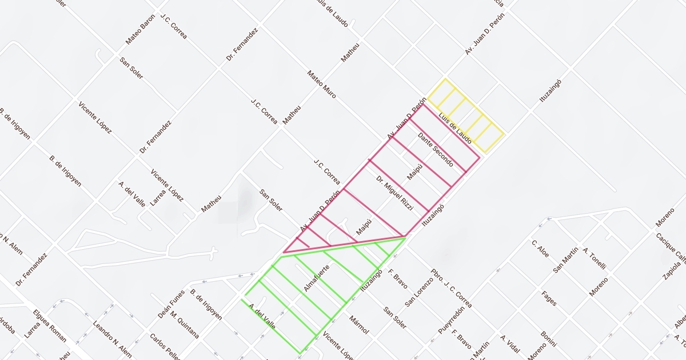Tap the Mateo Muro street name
tap(321, 84)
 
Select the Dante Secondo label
tap(436, 150)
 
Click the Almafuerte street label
tap(317, 278)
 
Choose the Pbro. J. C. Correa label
tap(451, 288)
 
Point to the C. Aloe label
tap(540, 249)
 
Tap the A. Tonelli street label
tap(594, 258)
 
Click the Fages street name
tap(549, 298)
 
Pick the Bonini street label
tap(548, 339)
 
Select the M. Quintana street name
tap(185, 323)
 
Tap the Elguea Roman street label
tap(50, 326)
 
